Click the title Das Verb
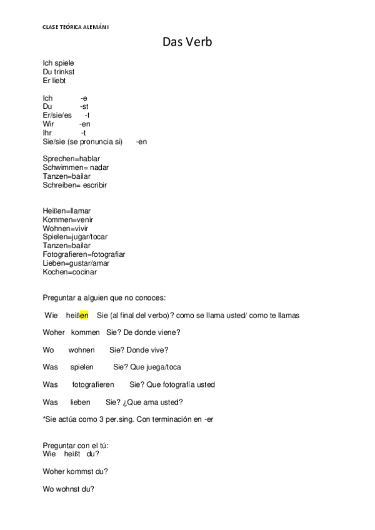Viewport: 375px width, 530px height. pos(187,42)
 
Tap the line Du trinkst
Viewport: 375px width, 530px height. pos(59,72)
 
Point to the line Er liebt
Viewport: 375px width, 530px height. pos(54,81)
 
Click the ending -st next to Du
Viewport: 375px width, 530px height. pos(84,107)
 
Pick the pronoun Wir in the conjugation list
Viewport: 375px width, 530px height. pos(49,124)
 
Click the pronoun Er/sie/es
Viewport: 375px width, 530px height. pos(57,116)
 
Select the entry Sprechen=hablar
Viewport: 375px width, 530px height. pos(71,159)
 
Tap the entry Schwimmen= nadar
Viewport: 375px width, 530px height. pos(76,168)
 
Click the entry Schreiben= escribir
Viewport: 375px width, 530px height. pos(79,186)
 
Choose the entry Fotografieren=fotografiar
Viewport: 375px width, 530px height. pos(84,254)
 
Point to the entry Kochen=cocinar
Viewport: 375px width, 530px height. pos(69,272)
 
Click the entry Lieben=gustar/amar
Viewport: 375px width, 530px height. pos(76,263)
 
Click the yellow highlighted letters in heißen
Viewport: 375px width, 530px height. pos(84,315)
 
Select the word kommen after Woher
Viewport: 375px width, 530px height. pos(85,332)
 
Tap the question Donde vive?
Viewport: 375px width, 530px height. pos(148,350)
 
